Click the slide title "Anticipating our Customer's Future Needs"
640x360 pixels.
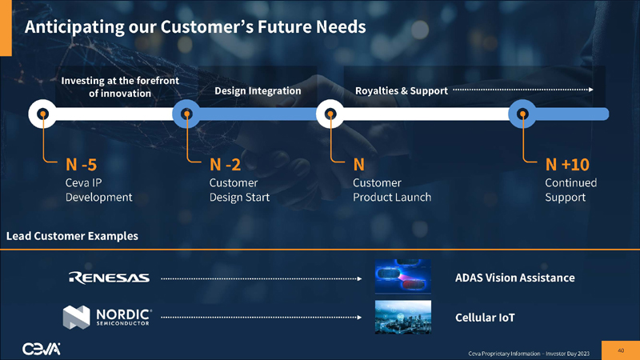coord(195,27)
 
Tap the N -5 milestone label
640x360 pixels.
coord(81,165)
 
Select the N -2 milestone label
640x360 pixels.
coord(225,165)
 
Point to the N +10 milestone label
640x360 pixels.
coord(566,165)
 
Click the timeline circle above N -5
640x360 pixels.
coord(42,114)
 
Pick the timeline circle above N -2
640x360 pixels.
coord(186,114)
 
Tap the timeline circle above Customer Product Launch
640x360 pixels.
coord(330,114)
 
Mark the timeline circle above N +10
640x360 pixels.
coord(522,114)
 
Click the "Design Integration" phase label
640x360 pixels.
coord(258,91)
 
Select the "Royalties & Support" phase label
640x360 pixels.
coord(401,91)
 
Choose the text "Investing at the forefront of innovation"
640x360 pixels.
coord(120,86)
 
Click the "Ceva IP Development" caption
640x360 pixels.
coord(98,190)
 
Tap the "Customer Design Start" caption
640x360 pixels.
coord(239,190)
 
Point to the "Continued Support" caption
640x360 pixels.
coord(570,190)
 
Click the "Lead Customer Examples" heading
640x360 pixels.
coord(72,236)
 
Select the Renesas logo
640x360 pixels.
coord(110,278)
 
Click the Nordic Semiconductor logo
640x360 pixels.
coord(108,318)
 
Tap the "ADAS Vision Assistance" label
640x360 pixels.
coord(514,278)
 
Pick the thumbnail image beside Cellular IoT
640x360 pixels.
coord(403,316)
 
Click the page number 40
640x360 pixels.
coord(621,349)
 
